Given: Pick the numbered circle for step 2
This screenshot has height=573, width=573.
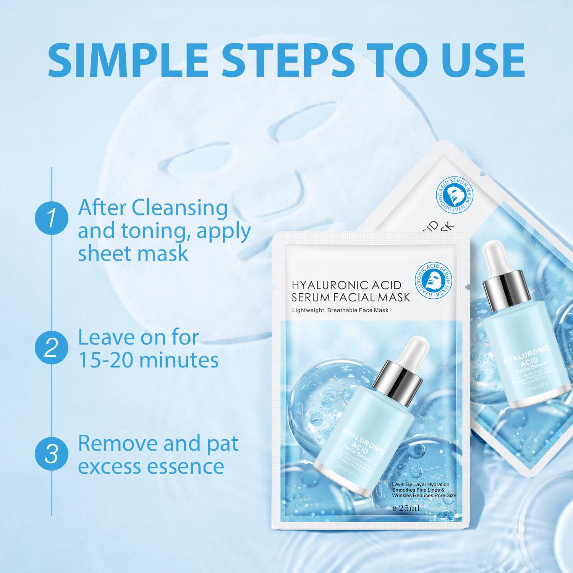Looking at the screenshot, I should point(51,348).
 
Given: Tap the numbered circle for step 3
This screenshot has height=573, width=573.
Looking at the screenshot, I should point(51,454).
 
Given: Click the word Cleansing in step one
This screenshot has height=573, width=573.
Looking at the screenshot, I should point(180,209).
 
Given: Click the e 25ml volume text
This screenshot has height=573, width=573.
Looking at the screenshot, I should point(406,508).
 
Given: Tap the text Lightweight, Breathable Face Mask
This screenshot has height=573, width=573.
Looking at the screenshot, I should point(340,310).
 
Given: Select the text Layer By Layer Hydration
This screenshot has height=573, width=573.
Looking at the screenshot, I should point(420,484).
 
